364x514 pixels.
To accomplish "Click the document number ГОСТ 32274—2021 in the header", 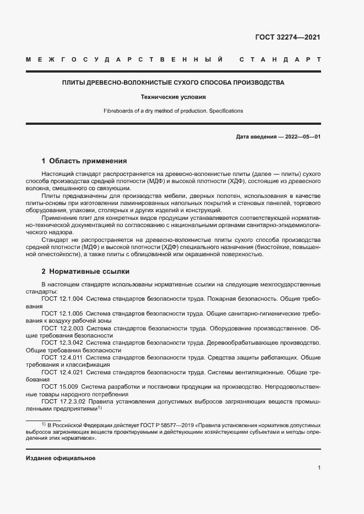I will pyautogui.click(x=287, y=37).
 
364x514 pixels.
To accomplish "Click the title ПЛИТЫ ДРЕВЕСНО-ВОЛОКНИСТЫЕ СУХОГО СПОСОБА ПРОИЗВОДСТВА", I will pyautogui.click(x=173, y=82).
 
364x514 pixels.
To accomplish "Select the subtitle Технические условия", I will pyautogui.click(x=173, y=97).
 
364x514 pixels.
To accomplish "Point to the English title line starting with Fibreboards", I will pyautogui.click(x=173, y=110).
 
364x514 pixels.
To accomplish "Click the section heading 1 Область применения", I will pyautogui.click(x=84, y=161).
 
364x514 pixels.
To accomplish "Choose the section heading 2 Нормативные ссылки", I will pyautogui.click(x=85, y=272).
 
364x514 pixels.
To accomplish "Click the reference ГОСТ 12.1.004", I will pyautogui.click(x=62, y=299).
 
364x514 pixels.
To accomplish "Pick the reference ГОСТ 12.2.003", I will pyautogui.click(x=62, y=328).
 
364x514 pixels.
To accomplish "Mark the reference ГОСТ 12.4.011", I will pyautogui.click(x=62, y=357).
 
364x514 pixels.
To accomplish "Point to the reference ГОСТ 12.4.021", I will pyautogui.click(x=62, y=372).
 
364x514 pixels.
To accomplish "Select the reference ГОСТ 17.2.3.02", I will pyautogui.click(x=64, y=402).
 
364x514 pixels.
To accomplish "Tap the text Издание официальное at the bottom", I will pyautogui.click(x=61, y=458).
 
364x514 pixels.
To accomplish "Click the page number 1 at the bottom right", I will pyautogui.click(x=319, y=468).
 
